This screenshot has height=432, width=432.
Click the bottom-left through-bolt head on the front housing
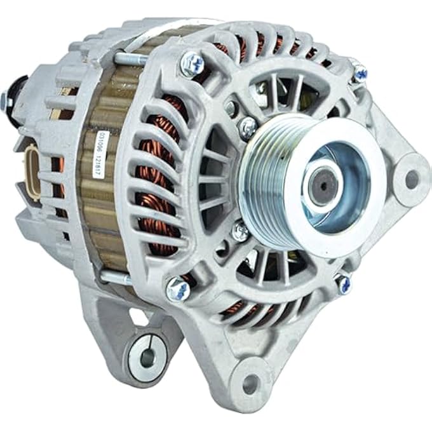[177, 290]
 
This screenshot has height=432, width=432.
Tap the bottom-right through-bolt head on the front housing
[343, 283]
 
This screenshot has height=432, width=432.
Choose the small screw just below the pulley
[240, 232]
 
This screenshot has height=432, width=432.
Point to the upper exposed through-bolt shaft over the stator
[130, 59]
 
